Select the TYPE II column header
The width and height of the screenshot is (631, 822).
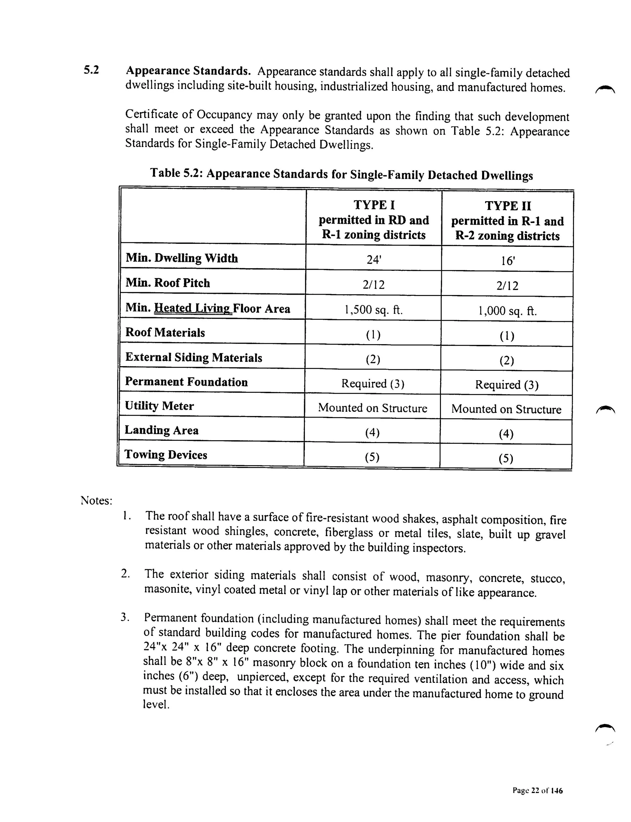[x=507, y=221]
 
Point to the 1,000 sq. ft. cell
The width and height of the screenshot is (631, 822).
[x=507, y=311]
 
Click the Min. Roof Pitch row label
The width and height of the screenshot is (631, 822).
[x=168, y=283]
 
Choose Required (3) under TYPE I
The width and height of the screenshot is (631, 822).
[x=373, y=384]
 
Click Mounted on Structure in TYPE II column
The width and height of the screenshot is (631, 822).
[x=506, y=409]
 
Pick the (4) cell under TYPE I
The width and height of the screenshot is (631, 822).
[x=372, y=433]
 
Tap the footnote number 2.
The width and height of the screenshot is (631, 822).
[x=125, y=574]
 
